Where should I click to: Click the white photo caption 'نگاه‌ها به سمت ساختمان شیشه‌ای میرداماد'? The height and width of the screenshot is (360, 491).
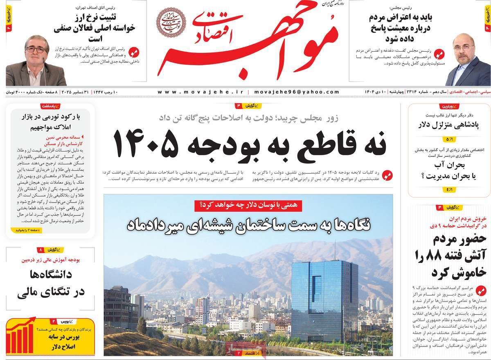click(x=248, y=224)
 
